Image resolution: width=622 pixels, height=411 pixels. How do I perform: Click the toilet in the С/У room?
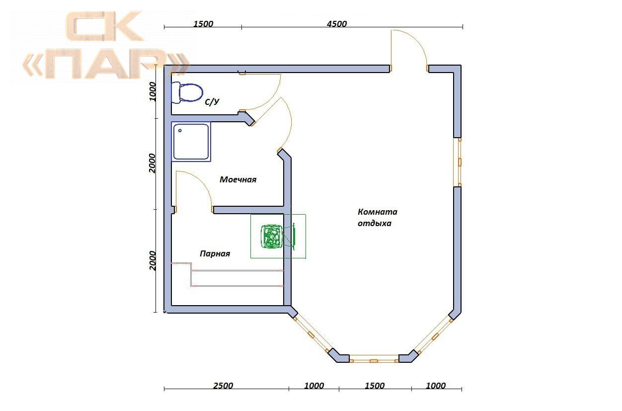[187, 92]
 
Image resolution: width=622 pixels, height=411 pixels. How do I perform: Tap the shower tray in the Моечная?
[191, 142]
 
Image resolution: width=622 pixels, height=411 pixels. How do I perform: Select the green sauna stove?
[272, 237]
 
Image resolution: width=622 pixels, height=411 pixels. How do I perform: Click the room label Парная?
[215, 253]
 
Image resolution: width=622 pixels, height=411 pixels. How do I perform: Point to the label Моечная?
[238, 180]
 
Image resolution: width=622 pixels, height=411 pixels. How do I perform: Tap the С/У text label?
[212, 102]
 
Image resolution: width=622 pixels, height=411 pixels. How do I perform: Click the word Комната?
[378, 212]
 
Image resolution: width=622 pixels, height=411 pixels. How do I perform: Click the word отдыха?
[374, 224]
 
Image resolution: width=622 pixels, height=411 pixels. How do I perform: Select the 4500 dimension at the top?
[336, 24]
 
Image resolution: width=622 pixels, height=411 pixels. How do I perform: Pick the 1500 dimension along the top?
[203, 24]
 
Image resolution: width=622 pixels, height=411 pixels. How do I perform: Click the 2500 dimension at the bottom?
[223, 386]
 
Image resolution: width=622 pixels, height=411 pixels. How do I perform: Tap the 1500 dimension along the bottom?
[375, 386]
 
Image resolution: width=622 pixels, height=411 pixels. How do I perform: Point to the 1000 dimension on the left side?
[153, 91]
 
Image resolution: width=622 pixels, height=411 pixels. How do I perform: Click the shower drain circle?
[180, 131]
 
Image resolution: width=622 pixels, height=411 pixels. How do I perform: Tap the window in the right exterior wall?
[458, 162]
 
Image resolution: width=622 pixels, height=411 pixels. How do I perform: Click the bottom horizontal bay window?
[374, 358]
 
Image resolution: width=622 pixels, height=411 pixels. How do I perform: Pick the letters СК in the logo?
[104, 26]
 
